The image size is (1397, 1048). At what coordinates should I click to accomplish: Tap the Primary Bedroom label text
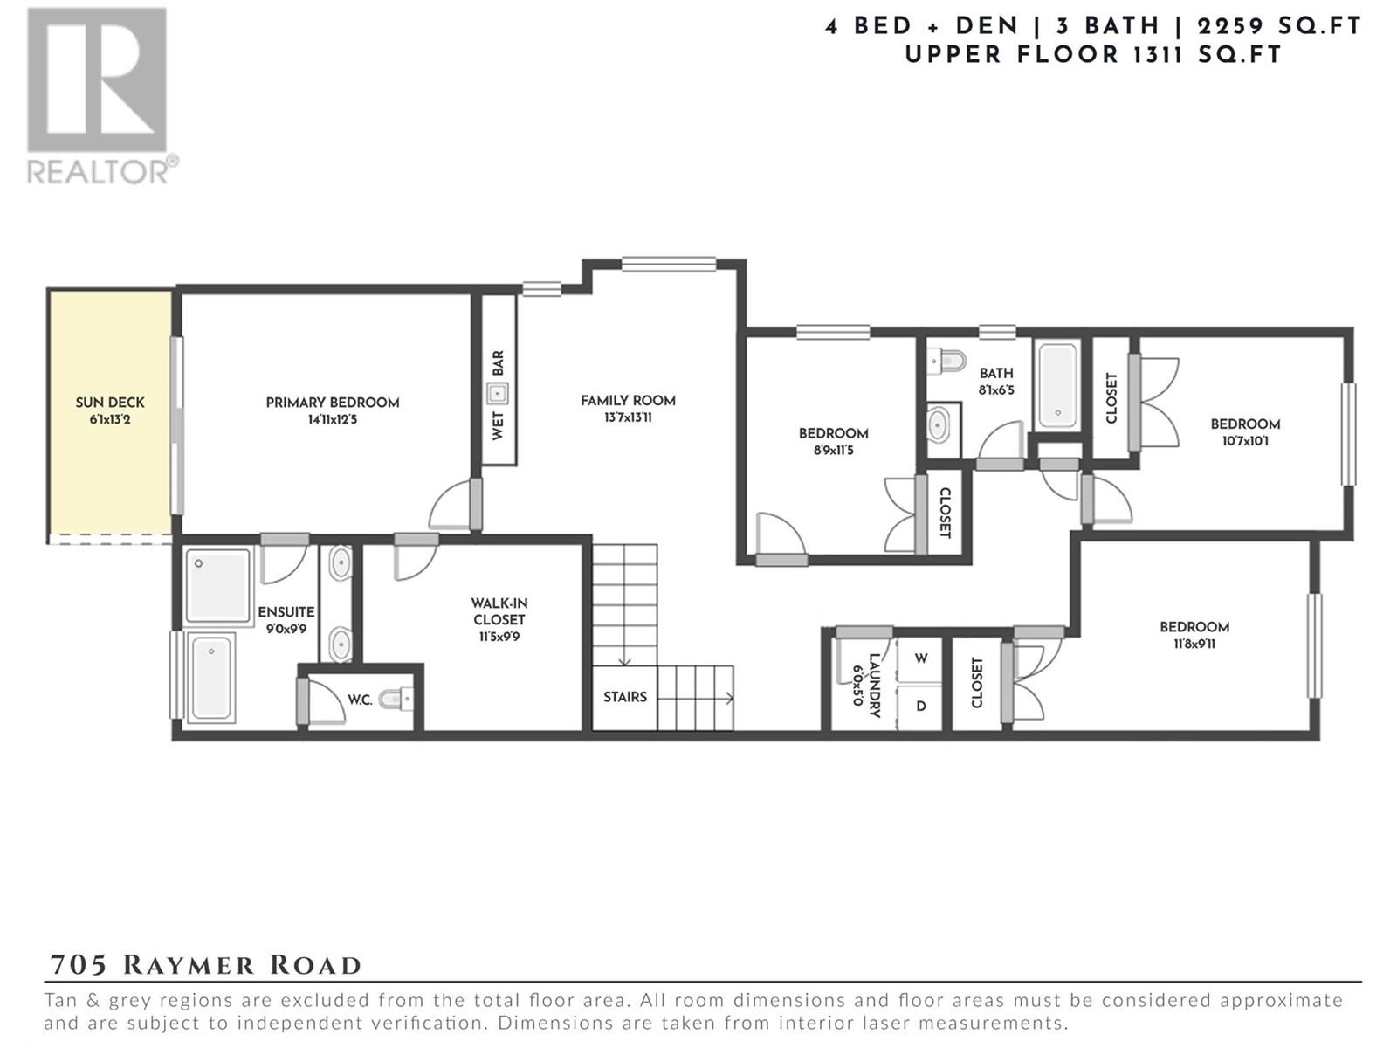(333, 402)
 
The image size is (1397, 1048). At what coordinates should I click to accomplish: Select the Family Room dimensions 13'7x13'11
(628, 417)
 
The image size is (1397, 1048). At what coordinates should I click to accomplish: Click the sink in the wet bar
(497, 394)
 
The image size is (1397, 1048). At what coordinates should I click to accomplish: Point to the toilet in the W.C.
(396, 700)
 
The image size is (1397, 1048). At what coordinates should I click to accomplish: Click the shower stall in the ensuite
(217, 585)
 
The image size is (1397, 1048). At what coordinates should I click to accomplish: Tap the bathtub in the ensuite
(211, 676)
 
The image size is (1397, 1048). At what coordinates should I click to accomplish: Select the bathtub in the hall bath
(1057, 386)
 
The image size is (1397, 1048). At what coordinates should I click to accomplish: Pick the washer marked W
(919, 659)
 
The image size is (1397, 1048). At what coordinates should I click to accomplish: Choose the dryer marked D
(919, 706)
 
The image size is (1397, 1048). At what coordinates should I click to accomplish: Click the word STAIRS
(625, 697)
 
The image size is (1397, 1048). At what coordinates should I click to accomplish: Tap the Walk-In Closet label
(499, 610)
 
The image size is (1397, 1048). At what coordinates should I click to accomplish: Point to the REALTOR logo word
(98, 171)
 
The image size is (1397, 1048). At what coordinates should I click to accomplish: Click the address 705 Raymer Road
(205, 965)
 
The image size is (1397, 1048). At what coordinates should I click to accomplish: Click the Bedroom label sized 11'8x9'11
(1194, 627)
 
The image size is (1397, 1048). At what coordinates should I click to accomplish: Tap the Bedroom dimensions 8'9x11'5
(835, 451)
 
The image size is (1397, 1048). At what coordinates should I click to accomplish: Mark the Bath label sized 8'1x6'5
(996, 374)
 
